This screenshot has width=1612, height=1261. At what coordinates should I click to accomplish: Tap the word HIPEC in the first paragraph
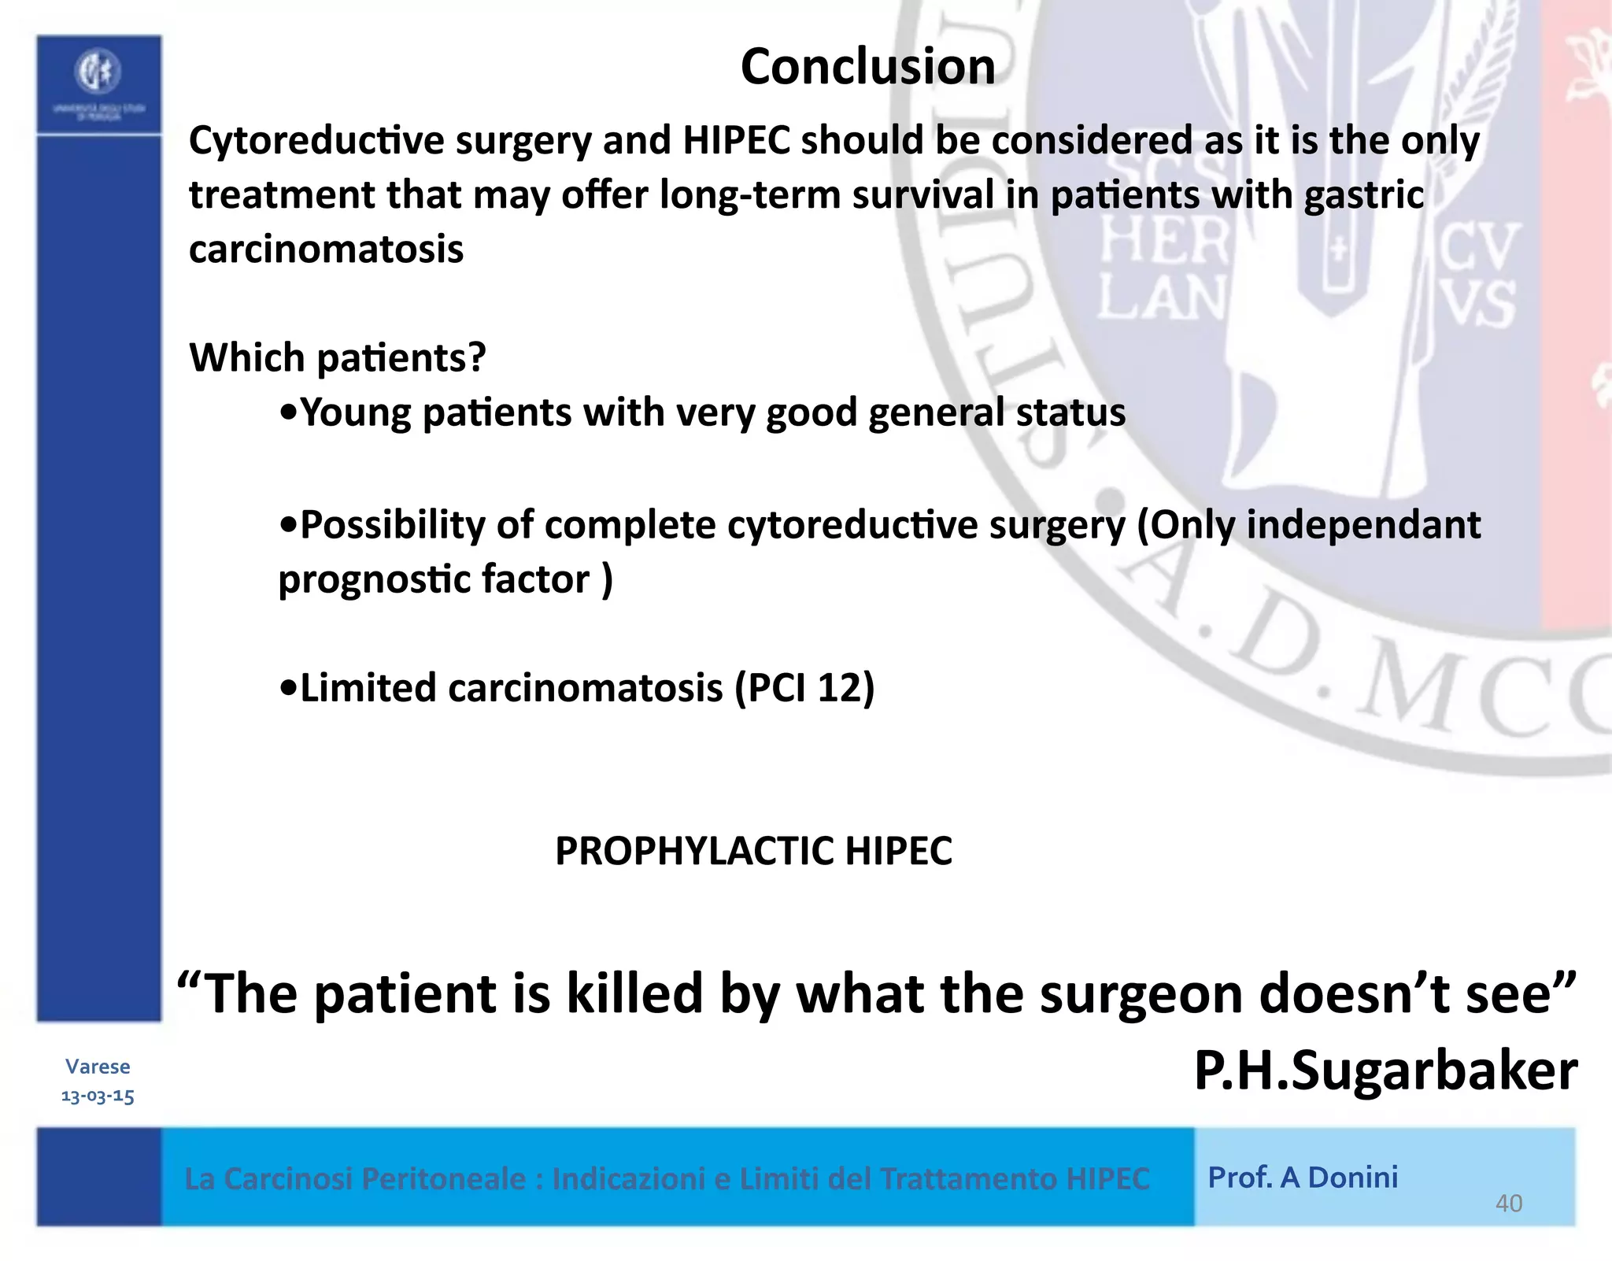[736, 141]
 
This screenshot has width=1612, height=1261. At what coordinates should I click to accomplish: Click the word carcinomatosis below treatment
[326, 250]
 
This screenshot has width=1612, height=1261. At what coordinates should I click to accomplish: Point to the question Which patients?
[338, 358]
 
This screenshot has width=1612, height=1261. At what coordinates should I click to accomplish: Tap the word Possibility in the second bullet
[392, 525]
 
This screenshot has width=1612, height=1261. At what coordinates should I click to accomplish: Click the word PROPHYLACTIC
[693, 851]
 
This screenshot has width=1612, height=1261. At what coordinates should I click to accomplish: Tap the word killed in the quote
[634, 993]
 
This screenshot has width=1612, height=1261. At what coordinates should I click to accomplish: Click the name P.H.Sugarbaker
[1385, 1071]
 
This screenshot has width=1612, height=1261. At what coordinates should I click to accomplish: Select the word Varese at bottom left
[98, 1067]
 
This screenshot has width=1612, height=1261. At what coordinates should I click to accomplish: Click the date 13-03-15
[98, 1096]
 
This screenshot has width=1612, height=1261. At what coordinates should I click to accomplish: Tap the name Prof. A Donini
[1303, 1178]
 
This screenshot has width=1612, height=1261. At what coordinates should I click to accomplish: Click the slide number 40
[1508, 1204]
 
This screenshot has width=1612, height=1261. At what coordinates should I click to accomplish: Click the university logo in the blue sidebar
[98, 72]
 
